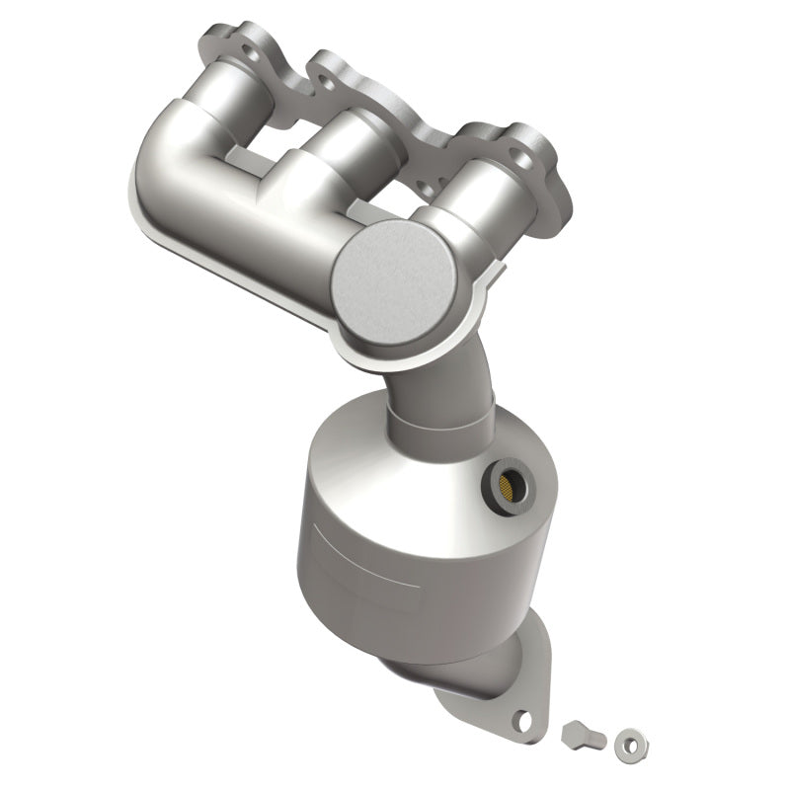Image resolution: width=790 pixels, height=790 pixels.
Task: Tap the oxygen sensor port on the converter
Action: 508,484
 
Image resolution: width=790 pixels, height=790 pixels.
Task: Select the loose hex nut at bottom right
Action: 626,740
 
